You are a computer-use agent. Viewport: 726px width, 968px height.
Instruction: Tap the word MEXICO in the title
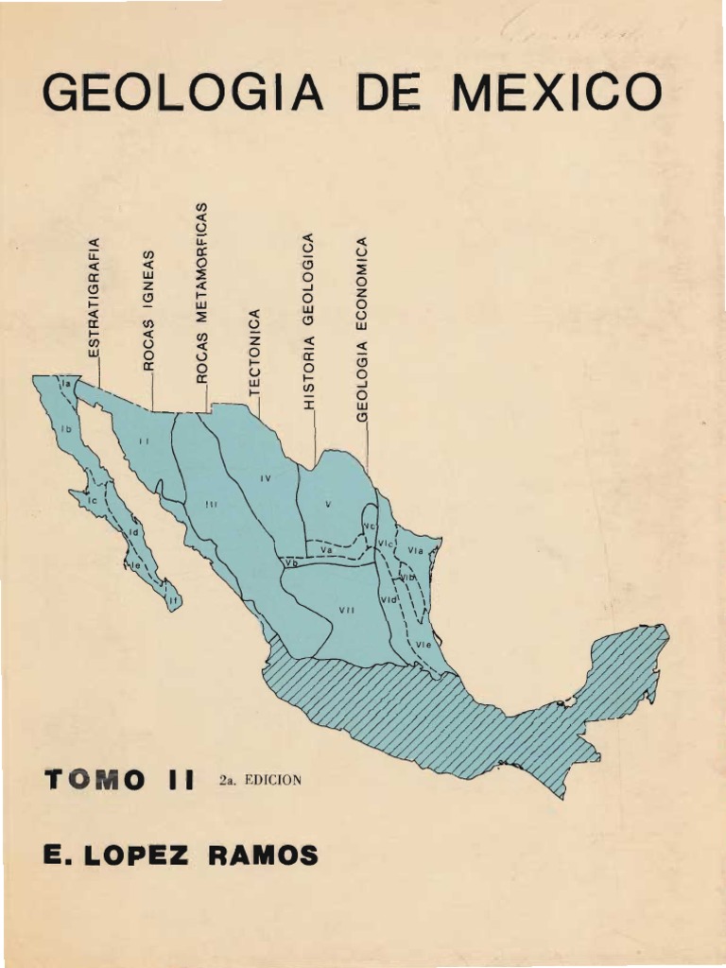pos(559,94)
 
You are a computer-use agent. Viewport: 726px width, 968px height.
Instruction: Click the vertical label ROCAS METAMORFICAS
pos(200,294)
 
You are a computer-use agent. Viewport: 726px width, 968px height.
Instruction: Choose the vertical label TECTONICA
pos(253,351)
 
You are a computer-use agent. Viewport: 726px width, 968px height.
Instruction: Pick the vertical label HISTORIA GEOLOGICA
pos(307,320)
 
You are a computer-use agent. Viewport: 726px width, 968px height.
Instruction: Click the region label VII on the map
pos(346,611)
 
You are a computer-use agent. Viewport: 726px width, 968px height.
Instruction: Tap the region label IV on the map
pos(266,478)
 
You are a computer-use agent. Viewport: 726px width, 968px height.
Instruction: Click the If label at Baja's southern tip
pos(173,598)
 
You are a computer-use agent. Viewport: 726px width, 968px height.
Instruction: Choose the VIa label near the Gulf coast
pos(416,550)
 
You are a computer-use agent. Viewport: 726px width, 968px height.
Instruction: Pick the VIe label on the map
pos(425,644)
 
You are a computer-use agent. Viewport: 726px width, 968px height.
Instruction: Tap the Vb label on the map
pos(292,563)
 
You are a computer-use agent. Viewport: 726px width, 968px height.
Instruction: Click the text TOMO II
pos(118,780)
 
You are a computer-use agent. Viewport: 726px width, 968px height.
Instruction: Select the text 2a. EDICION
pos(259,780)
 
